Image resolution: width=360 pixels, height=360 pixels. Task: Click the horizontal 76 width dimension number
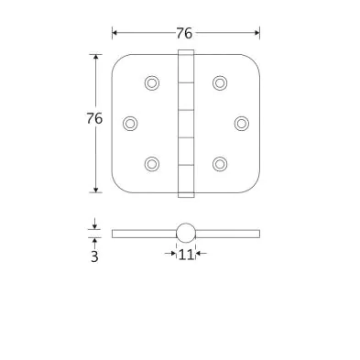[184, 33]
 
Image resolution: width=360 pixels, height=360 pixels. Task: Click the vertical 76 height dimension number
[94, 118]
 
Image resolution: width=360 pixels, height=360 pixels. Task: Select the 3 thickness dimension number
[94, 256]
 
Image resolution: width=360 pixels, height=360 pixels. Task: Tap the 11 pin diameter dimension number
[186, 255]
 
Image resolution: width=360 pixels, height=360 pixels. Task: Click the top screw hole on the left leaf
[152, 82]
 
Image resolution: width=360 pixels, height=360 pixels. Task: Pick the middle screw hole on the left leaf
[130, 124]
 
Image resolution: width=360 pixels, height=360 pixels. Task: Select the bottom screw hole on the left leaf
[152, 164]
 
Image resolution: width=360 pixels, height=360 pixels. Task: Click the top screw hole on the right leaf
[220, 82]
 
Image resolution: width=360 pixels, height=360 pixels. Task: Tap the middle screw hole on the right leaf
[242, 124]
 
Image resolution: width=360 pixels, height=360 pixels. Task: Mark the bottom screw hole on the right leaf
[220, 164]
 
